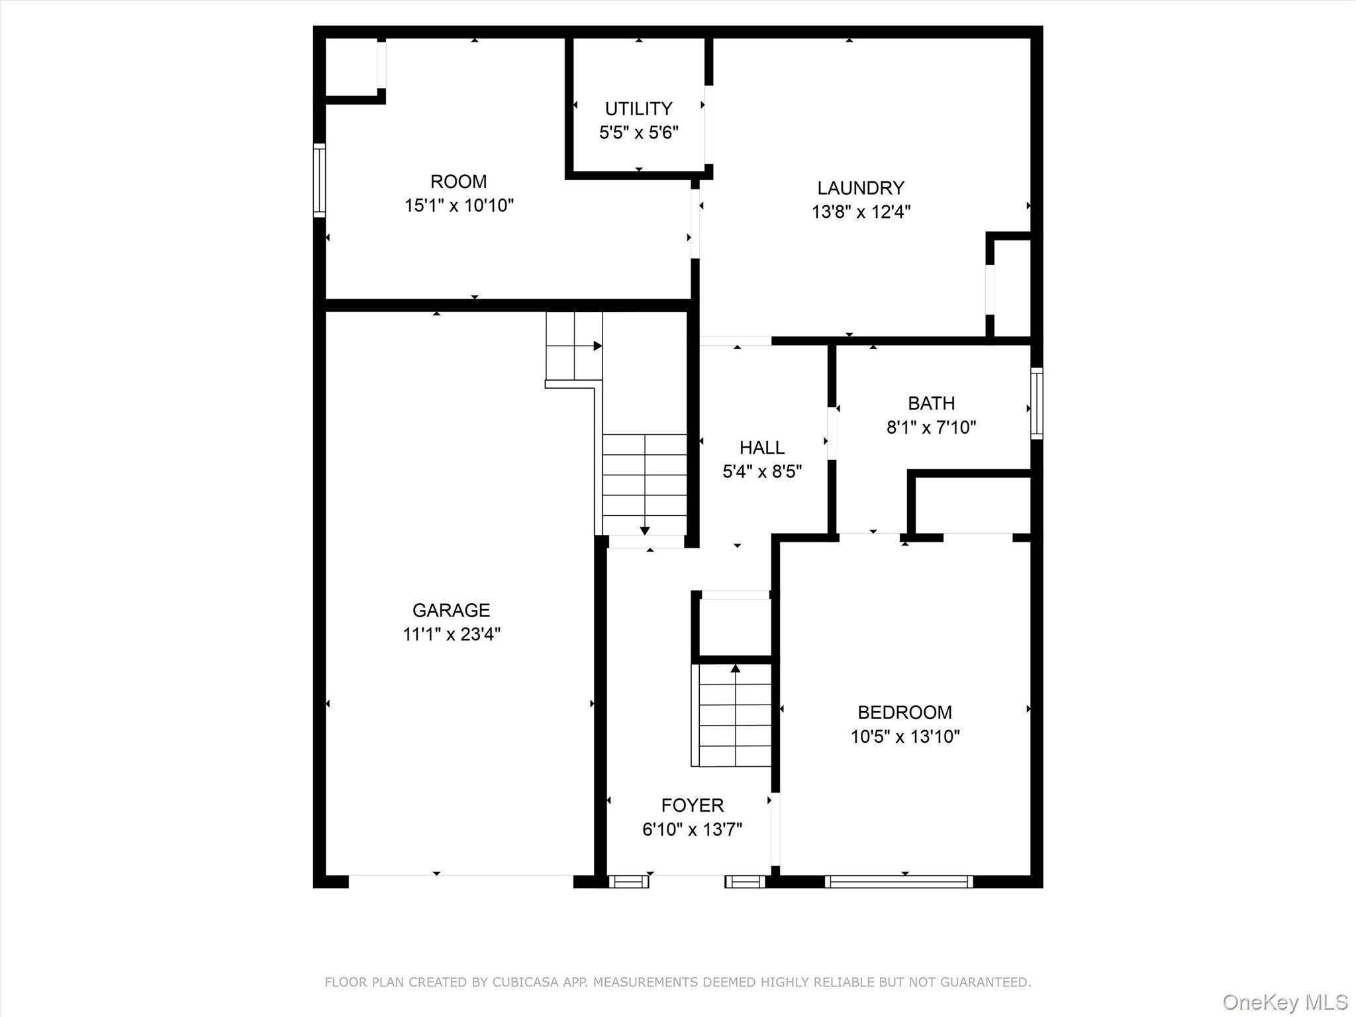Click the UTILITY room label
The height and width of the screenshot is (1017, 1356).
[638, 109]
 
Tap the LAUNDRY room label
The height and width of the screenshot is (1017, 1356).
[860, 188]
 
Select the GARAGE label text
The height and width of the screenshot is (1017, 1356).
[451, 610]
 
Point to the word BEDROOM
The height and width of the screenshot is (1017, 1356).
[904, 712]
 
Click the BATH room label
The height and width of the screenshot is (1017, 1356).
[931, 403]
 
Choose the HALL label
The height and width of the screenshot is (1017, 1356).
[762, 448]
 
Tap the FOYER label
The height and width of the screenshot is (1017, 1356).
[692, 805]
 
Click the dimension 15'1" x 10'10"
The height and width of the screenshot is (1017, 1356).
[459, 205]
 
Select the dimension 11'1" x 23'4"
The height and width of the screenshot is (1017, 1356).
[451, 634]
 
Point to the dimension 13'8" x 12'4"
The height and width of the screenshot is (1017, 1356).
[861, 212]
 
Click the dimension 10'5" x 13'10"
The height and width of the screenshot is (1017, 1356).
[905, 736]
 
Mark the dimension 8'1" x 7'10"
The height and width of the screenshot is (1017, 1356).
[931, 427]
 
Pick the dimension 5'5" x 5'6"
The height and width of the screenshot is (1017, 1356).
[638, 132]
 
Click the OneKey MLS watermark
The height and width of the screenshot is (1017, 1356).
[1284, 1002]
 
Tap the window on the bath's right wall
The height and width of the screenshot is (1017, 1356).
[1037, 403]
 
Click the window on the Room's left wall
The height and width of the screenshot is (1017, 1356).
[319, 180]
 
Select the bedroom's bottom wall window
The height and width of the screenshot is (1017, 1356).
[899, 881]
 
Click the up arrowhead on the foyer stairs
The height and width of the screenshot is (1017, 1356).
[735, 668]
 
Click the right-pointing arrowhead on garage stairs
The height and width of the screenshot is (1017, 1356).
[597, 346]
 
